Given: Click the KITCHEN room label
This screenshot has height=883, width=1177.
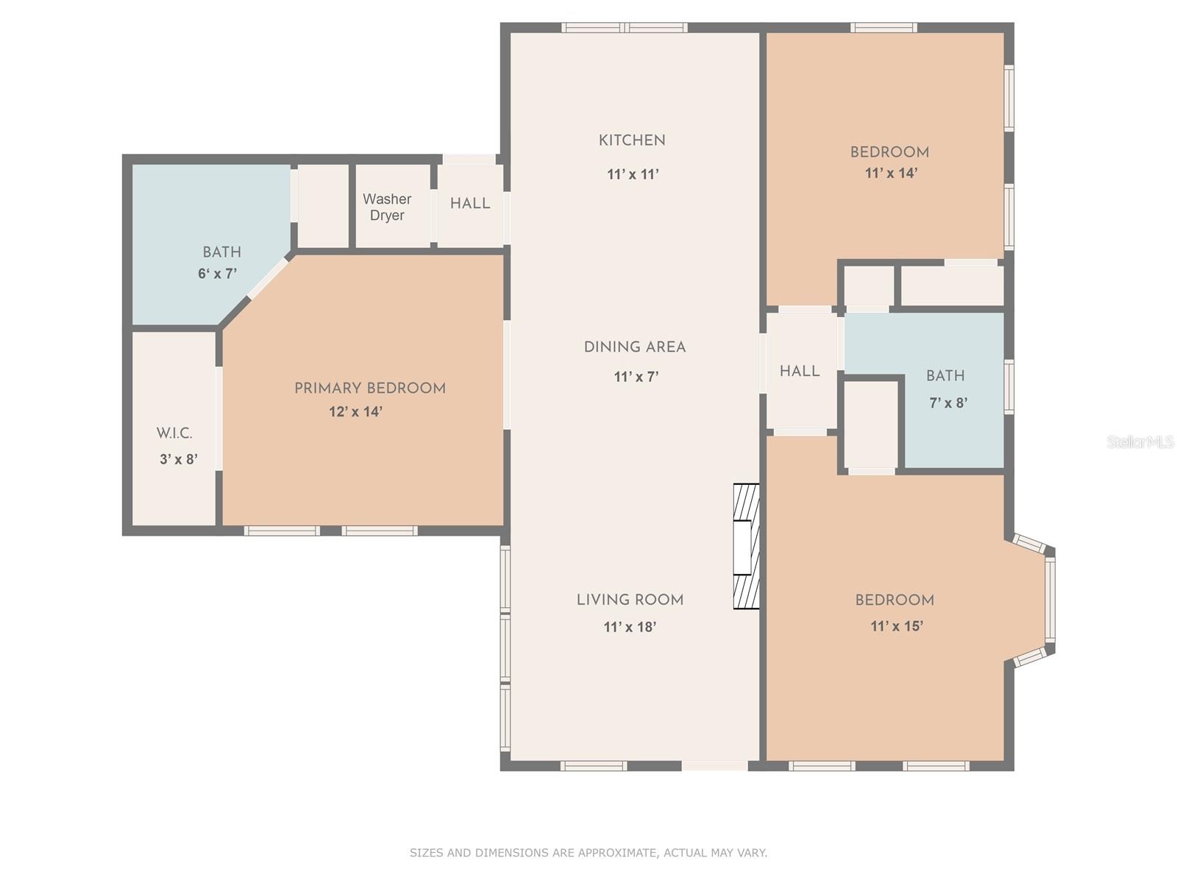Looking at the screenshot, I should click(x=632, y=140).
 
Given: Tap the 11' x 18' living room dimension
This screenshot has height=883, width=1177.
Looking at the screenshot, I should click(x=630, y=627).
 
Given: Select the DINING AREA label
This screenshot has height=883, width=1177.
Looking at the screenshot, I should click(x=635, y=347).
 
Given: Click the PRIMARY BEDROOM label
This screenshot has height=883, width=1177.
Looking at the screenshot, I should click(x=370, y=388).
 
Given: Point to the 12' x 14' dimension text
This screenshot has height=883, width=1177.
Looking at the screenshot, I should click(x=355, y=411).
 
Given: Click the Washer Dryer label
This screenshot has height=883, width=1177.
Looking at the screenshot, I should click(x=387, y=207).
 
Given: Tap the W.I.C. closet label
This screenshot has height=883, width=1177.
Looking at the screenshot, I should click(x=174, y=433).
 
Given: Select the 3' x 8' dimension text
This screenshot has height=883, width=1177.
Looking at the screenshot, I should click(x=179, y=460).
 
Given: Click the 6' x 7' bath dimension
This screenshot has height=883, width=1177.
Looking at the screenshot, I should click(x=217, y=274).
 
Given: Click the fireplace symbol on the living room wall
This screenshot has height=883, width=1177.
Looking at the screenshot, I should click(x=745, y=546).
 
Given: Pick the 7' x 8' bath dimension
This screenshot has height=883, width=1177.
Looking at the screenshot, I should click(x=948, y=403).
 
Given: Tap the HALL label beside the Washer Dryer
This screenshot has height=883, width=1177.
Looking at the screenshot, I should click(x=470, y=203).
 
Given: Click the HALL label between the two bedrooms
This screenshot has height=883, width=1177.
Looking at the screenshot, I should click(x=800, y=371).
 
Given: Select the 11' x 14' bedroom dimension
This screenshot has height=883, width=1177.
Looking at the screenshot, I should click(x=891, y=173).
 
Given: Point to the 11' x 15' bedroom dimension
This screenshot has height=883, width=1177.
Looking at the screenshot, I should click(x=897, y=626).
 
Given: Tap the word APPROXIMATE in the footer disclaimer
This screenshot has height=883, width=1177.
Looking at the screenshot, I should click(x=616, y=853).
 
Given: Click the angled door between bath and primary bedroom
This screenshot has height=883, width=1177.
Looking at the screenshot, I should click(x=268, y=278).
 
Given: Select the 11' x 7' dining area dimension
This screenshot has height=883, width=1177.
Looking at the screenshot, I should click(x=636, y=377).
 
